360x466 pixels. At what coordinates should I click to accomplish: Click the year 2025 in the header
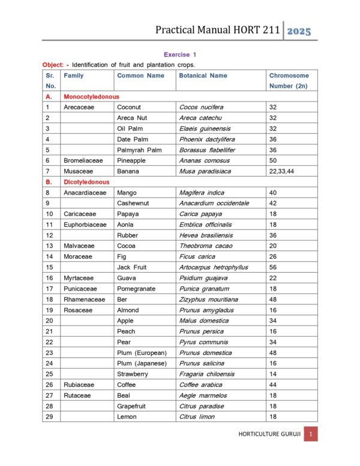click(x=299, y=31)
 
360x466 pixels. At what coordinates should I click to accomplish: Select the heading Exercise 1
click(x=180, y=55)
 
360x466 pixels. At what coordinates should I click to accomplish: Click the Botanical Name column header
click(x=203, y=76)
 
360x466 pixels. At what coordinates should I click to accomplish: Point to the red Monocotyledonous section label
click(x=91, y=97)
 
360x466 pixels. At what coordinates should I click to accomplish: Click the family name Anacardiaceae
click(x=85, y=193)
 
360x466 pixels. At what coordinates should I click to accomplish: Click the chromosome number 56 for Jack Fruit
click(x=274, y=267)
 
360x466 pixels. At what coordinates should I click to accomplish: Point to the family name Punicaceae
click(x=80, y=289)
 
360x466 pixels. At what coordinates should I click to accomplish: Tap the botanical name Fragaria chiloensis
click(x=207, y=374)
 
